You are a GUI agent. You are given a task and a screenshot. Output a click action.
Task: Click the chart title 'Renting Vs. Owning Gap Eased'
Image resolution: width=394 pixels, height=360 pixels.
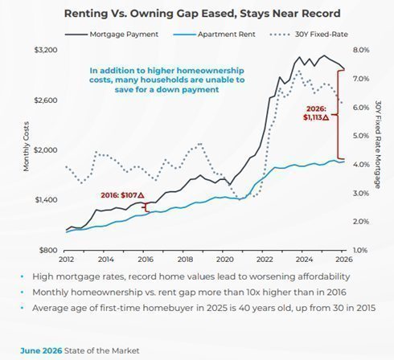pos(150,14)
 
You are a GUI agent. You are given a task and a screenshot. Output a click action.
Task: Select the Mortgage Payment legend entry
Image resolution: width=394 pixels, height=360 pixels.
pos(112,35)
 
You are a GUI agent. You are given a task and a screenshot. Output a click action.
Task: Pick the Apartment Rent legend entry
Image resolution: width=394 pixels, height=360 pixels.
pos(214,35)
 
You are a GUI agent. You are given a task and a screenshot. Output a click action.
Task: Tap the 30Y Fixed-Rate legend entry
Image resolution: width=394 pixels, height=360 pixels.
pos(309,35)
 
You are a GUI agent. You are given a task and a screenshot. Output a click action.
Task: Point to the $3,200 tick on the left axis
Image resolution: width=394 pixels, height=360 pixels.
pos(46,50)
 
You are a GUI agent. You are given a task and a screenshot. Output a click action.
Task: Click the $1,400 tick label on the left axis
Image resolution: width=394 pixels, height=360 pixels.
pos(46,200)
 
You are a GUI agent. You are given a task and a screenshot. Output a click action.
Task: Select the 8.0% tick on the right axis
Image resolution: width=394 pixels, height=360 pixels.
pos(361,50)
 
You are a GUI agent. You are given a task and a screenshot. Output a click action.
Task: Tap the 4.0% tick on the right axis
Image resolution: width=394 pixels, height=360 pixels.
pos(361,165)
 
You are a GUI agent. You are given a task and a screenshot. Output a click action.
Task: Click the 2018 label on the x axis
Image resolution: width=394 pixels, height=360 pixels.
pos(185,260)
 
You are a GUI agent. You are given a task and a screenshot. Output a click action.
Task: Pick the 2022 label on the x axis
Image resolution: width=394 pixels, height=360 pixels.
pos(265,260)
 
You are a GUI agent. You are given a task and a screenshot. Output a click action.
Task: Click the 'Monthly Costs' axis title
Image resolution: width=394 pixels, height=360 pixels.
pos(26,146)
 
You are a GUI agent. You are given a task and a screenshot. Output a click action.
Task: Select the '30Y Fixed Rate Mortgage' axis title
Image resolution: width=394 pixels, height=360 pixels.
pos(378,145)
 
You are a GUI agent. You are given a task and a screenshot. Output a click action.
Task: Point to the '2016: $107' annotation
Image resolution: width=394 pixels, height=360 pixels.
pos(122,195)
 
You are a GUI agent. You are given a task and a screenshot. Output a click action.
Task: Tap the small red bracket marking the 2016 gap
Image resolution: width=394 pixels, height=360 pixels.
pos(146,207)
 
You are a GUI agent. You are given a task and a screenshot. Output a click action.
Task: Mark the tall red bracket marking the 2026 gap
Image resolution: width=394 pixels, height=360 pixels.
pos(338,114)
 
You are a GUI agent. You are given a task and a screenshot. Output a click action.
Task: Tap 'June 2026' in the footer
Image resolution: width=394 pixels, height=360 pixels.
pos(41,350)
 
